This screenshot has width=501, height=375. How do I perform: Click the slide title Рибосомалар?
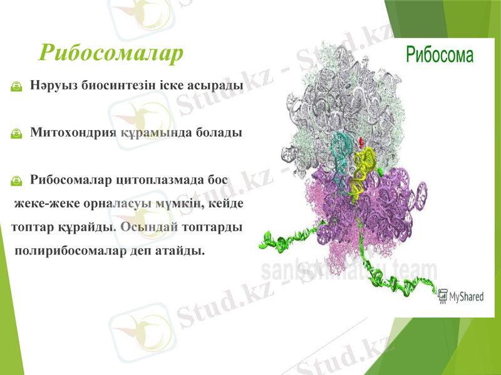tap(111, 53)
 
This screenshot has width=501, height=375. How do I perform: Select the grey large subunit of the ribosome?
tap(351, 94)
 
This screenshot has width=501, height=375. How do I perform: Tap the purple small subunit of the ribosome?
tap(388, 206)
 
